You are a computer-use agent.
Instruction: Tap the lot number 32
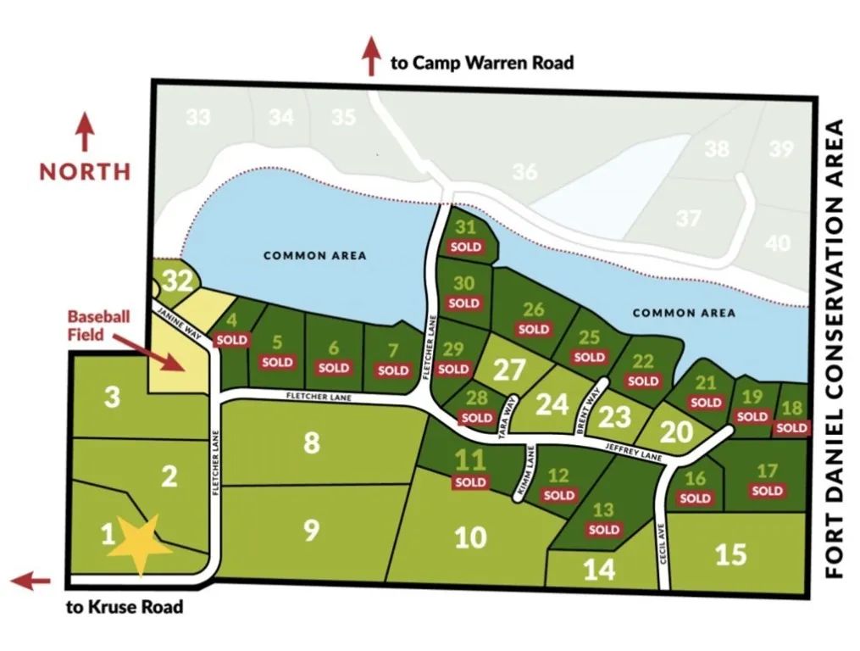(177, 281)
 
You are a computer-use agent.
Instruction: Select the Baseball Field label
(99, 325)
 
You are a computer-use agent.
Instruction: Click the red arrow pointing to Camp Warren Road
(371, 57)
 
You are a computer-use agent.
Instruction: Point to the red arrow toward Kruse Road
(31, 581)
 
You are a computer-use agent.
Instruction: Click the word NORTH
(86, 171)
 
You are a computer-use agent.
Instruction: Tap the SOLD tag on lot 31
(465, 248)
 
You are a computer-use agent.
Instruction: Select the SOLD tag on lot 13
(604, 530)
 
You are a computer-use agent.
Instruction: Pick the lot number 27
(509, 371)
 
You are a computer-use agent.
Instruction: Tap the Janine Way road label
(179, 325)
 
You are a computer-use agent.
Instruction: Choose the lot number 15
(730, 554)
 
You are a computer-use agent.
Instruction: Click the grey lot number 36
(524, 172)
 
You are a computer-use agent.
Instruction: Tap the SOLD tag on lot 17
(767, 491)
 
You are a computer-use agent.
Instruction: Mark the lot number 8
(312, 442)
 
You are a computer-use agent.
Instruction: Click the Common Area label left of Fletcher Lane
(314, 255)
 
